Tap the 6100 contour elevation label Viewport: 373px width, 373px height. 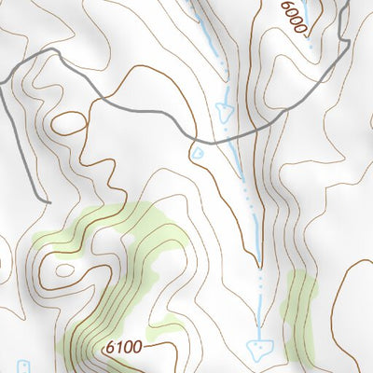click(124, 348)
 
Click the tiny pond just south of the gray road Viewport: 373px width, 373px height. click(197, 151)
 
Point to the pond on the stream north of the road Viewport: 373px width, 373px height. click(224, 112)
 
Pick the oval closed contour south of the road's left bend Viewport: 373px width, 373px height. click(68, 121)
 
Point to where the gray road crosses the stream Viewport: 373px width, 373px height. click(227, 138)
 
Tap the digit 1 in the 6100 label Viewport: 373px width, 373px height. click(119, 348)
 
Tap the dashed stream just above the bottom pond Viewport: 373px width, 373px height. click(258, 322)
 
